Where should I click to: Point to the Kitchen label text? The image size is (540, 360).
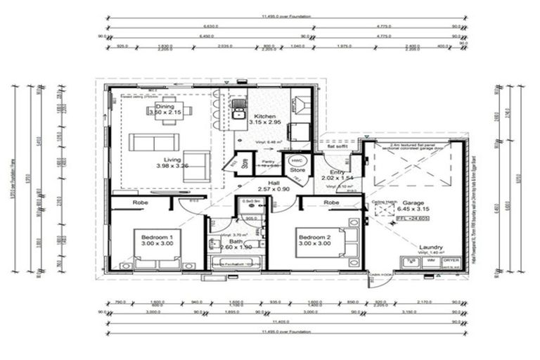(x=265, y=117)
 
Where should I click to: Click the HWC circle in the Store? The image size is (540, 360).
(x=297, y=160)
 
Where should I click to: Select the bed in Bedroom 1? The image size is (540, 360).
(x=156, y=246)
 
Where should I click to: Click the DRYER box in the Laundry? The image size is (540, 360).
(x=451, y=262)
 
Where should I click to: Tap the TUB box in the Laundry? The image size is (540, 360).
(x=411, y=262)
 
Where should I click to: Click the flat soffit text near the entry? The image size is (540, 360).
(x=342, y=147)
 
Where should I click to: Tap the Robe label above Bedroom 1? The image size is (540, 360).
(x=139, y=201)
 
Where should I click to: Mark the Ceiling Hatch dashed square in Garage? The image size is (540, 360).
(x=383, y=210)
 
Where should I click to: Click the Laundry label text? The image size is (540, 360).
(x=430, y=247)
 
